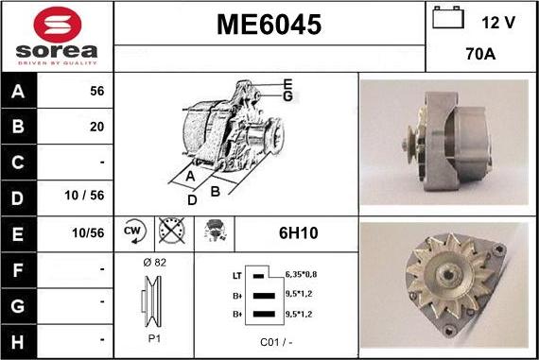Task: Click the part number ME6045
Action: pos(269,24)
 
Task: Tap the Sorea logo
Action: pos(56,37)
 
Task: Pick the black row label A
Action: pos(19,92)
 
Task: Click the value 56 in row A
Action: pos(96,92)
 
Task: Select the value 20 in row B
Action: pos(96,126)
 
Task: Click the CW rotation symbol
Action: pos(132,231)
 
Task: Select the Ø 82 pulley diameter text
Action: pos(153,263)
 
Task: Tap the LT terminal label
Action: pos(237,275)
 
